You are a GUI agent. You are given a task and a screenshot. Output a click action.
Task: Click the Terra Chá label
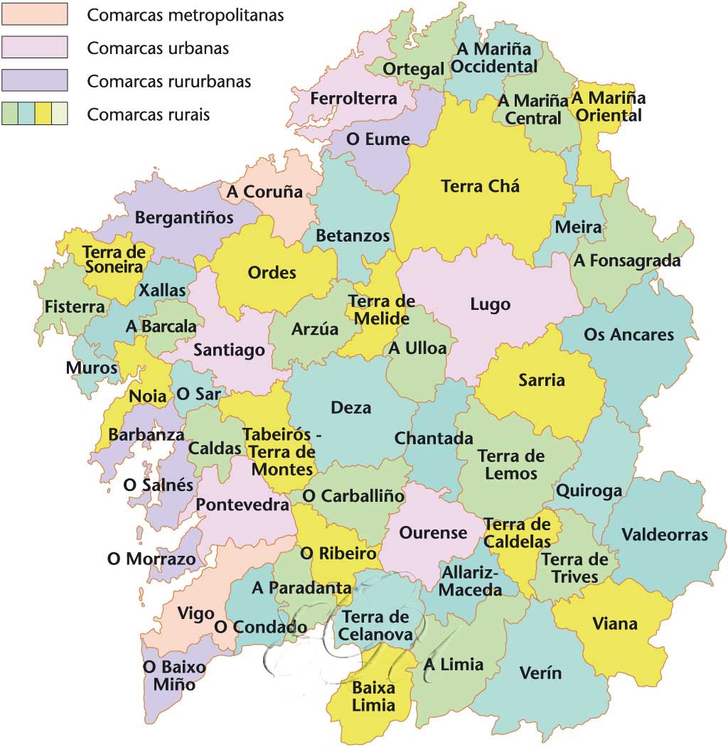[480, 187]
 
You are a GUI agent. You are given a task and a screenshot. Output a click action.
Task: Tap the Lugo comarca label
[490, 305]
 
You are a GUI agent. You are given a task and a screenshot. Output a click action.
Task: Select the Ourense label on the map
[433, 533]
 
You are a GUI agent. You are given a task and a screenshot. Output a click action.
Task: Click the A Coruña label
[264, 192]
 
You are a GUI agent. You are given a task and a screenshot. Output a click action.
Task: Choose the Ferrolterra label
[343, 99]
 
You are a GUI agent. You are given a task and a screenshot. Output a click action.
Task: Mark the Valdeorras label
[665, 534]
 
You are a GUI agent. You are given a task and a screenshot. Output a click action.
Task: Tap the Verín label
[540, 673]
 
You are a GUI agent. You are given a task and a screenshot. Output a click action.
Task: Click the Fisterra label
[75, 307]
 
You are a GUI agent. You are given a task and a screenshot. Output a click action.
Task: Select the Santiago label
[229, 350]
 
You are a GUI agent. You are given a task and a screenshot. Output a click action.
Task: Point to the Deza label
[351, 408]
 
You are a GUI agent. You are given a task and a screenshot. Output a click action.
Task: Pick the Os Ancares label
[628, 334]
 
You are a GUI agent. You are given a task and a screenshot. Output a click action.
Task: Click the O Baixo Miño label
[174, 676]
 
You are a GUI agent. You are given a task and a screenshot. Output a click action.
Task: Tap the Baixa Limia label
[373, 697]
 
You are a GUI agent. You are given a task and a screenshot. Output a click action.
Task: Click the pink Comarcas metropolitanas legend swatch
[34, 14]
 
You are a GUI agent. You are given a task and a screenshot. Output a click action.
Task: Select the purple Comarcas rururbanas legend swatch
[34, 80]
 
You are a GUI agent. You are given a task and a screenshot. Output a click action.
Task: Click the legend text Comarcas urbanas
[158, 48]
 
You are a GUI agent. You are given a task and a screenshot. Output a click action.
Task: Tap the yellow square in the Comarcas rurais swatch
[43, 114]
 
